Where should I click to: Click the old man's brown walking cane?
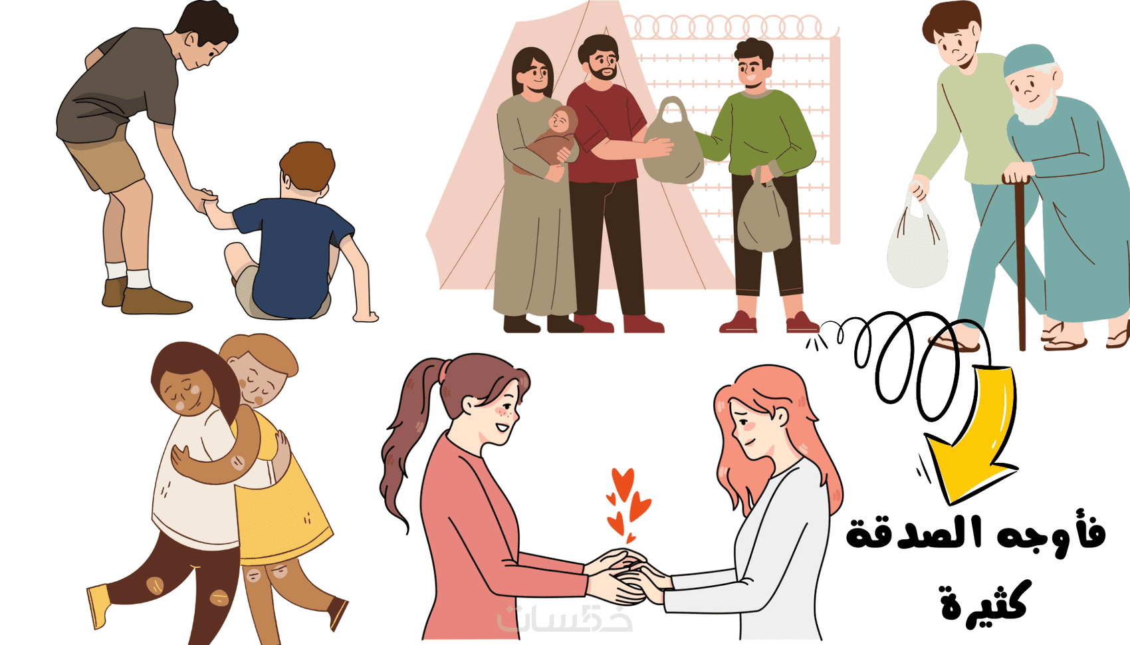[x=1020, y=263]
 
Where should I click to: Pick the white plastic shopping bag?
[x=917, y=242]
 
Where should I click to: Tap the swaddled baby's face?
[x=559, y=120]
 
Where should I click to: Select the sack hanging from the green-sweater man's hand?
[x=764, y=215]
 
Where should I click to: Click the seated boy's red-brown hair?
[x=308, y=166]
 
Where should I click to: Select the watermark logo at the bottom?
[x=565, y=619]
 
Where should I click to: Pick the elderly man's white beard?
[x=1034, y=108]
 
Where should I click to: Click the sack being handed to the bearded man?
[x=673, y=144]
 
